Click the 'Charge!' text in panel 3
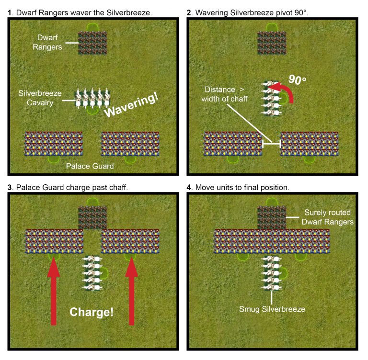[x=92, y=312]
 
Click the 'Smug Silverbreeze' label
[x=272, y=309]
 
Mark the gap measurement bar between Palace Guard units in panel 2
[x=271, y=143]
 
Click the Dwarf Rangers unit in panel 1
[x=92, y=43]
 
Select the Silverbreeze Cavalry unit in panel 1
[x=92, y=98]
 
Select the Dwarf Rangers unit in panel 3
[x=92, y=217]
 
